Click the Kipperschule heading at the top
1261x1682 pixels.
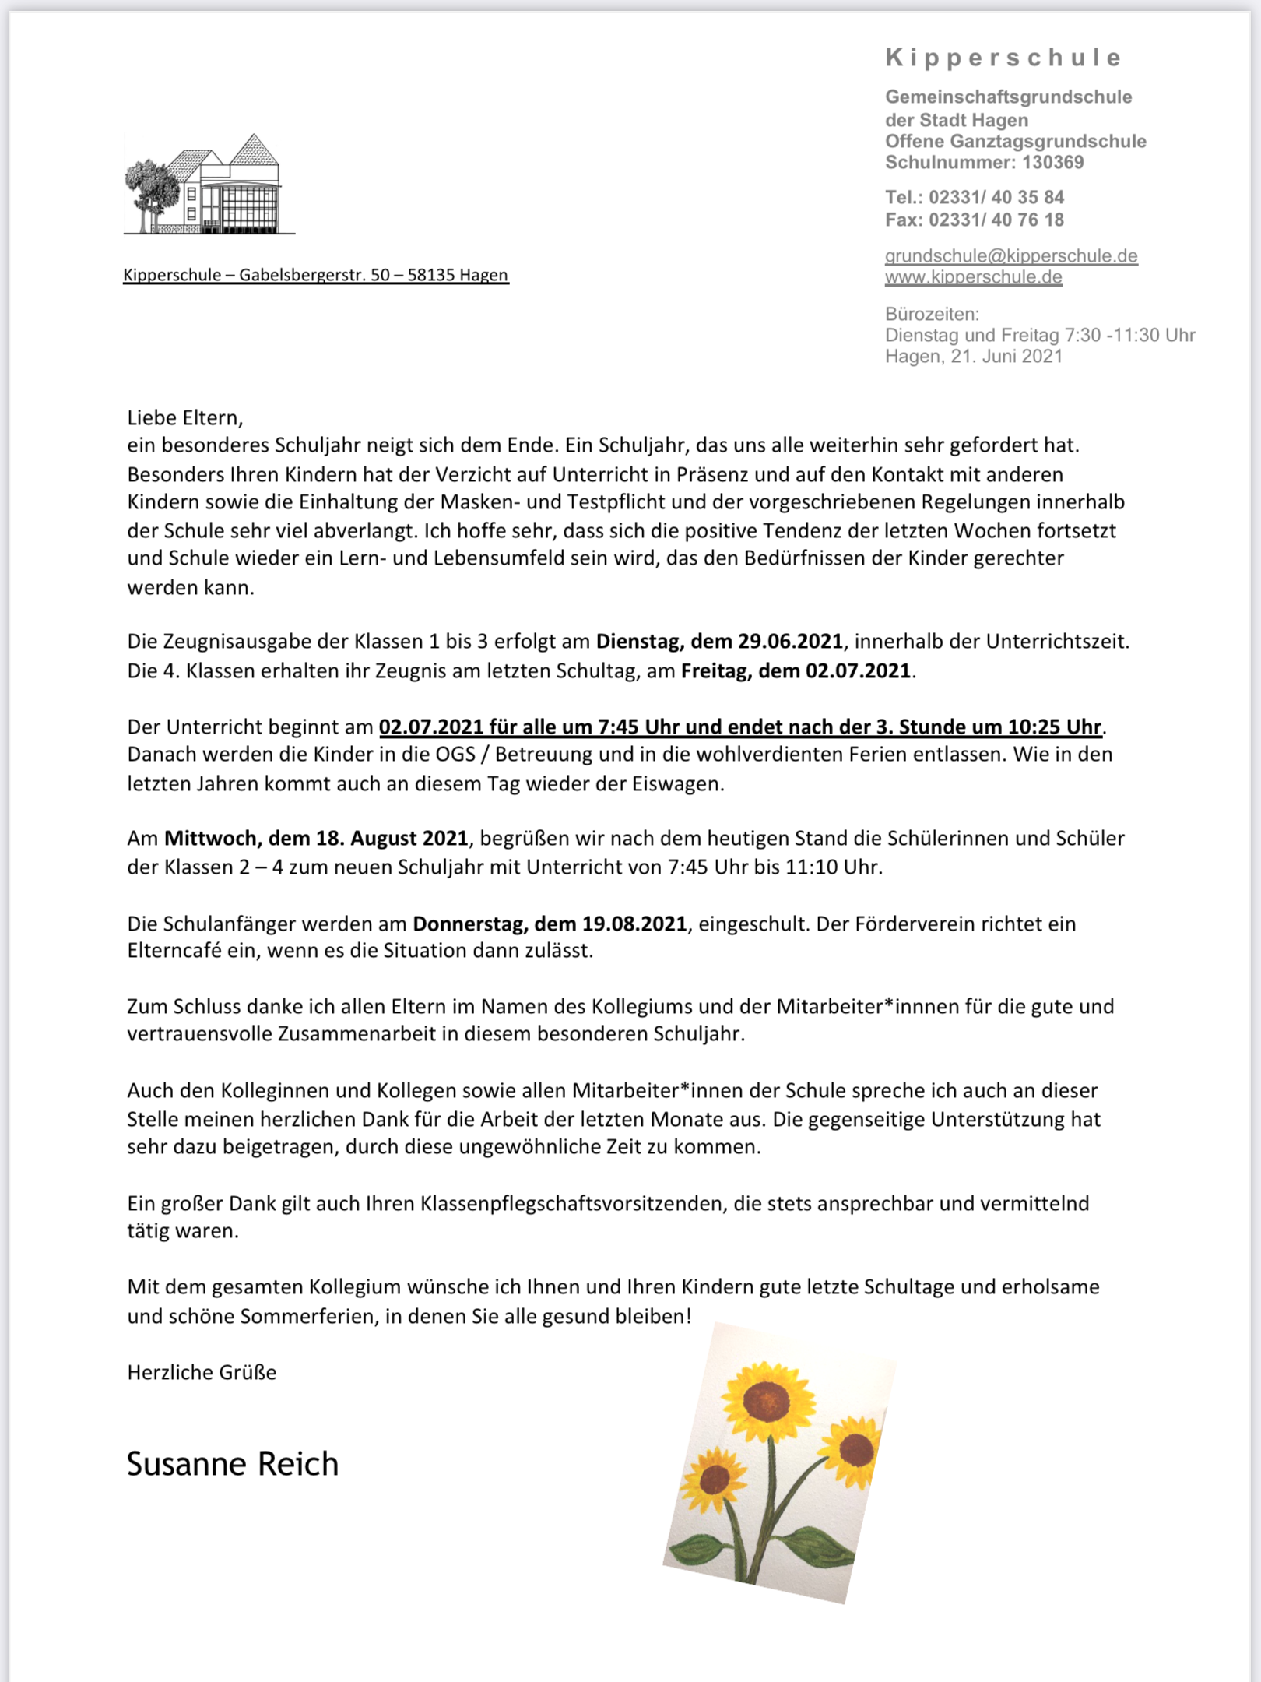(x=1003, y=58)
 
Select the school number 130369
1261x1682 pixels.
(x=1052, y=163)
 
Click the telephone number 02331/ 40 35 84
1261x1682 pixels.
(x=996, y=197)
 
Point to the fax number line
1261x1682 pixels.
(x=974, y=220)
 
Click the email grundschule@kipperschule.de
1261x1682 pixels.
(x=1011, y=256)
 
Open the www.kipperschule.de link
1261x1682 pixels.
(x=973, y=277)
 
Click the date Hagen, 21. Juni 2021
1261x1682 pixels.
(x=973, y=357)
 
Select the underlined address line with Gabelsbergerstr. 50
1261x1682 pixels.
(x=315, y=275)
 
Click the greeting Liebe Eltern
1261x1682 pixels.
(x=185, y=418)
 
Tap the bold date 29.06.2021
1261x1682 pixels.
(x=790, y=642)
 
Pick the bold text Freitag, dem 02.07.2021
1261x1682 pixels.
(x=796, y=671)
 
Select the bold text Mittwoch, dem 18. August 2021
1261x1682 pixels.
(x=316, y=839)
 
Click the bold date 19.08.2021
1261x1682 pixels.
(x=634, y=924)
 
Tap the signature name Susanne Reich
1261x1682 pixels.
(x=233, y=1465)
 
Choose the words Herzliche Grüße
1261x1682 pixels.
(x=202, y=1373)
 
